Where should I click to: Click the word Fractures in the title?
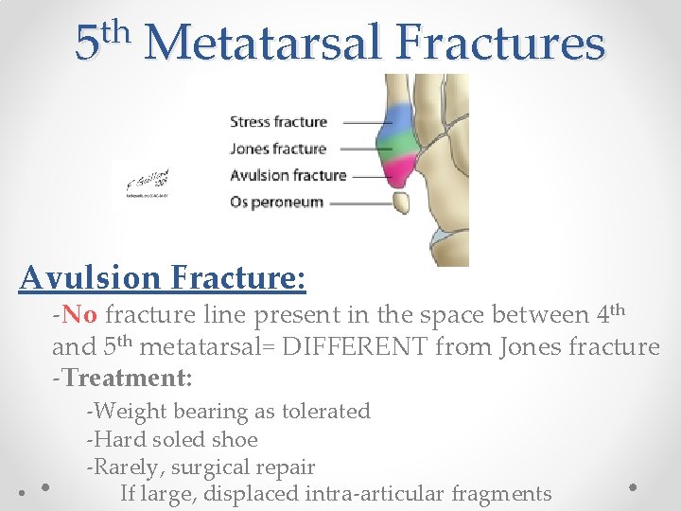point(500,44)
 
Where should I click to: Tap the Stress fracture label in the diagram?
point(278,121)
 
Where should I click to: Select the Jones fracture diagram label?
point(278,149)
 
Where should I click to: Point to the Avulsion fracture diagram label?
point(288,175)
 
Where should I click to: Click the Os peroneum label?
point(276,202)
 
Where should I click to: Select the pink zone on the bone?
point(400,172)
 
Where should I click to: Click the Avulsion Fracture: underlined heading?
point(162,277)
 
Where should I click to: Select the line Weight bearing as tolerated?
point(228,412)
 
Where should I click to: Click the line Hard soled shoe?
point(171,439)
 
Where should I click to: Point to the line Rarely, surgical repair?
point(201,467)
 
